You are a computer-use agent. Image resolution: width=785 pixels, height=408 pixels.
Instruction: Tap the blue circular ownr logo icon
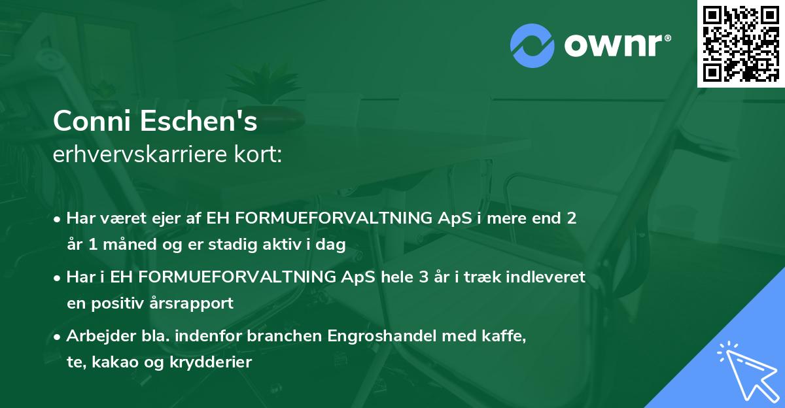[532, 46]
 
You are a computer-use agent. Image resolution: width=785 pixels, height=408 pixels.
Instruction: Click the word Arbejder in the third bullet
[96, 336]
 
